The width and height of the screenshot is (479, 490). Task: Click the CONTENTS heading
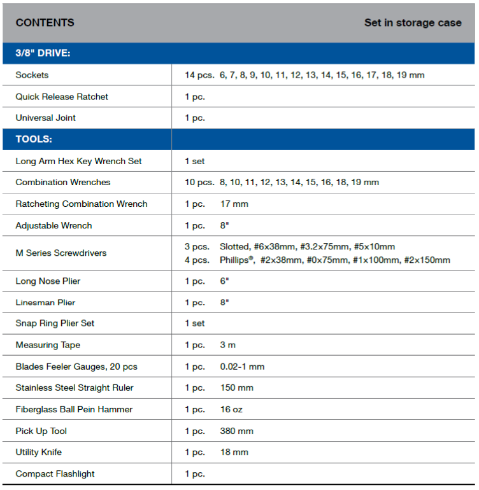coord(45,23)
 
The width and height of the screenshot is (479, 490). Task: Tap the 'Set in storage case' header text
coord(412,23)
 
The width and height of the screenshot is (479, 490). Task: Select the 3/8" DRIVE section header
coord(43,53)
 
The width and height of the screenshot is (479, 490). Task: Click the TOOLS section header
coord(34,139)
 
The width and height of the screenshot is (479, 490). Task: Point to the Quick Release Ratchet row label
coord(62,97)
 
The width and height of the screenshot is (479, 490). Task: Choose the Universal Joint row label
coord(46,118)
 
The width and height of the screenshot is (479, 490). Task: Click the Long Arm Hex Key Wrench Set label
coord(79,161)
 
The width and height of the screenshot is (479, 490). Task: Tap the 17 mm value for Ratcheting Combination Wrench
coord(234,204)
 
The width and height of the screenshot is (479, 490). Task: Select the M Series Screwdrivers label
coord(61,253)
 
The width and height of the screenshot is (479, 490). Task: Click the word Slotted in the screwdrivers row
coord(234,246)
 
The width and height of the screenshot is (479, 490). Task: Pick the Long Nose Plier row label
coord(48,281)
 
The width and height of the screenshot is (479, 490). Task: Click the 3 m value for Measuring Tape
coord(228,345)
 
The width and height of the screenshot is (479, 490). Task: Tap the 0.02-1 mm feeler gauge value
coord(242,367)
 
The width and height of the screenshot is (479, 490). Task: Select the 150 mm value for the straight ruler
coord(237,388)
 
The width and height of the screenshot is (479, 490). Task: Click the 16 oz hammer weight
coord(231,409)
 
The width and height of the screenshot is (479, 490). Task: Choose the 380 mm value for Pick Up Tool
coord(237,431)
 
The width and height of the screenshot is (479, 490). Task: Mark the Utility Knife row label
coord(39,452)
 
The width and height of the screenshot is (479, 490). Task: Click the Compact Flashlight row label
coord(55,473)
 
